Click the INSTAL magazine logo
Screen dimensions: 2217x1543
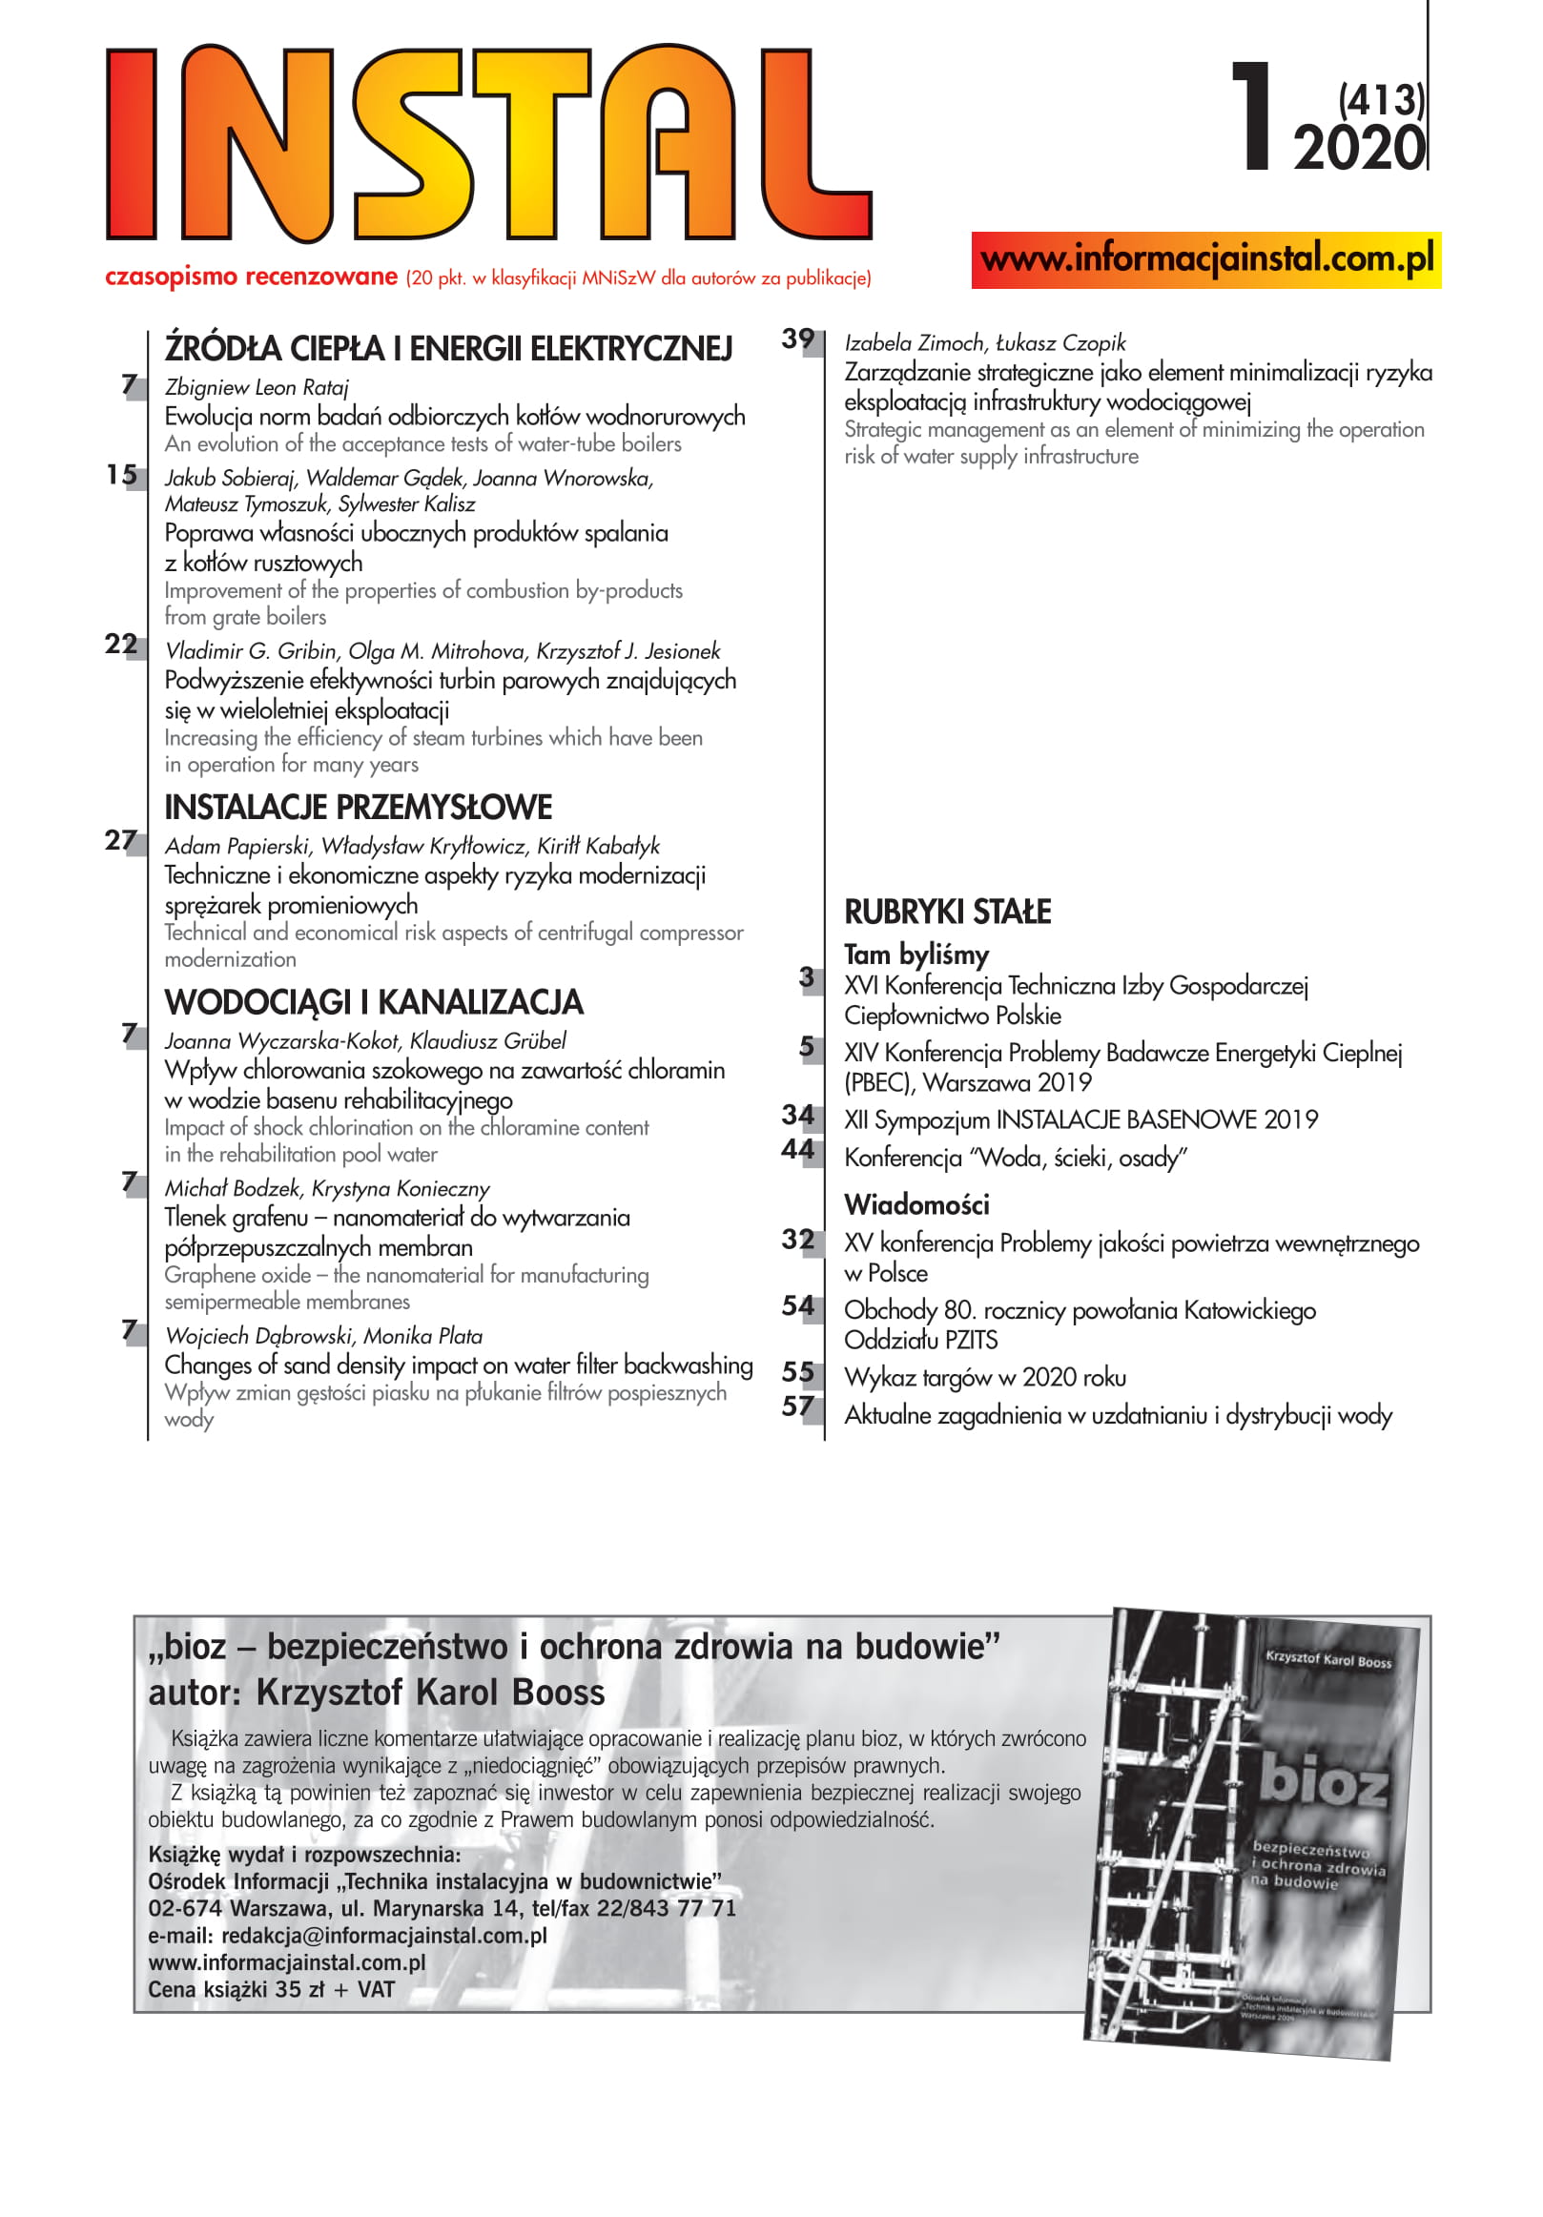[487, 143]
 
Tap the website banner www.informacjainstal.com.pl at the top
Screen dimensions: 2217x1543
[1205, 259]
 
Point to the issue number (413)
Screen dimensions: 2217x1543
[1380, 100]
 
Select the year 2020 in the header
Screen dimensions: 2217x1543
[1358, 150]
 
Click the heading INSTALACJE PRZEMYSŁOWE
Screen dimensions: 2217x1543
[359, 808]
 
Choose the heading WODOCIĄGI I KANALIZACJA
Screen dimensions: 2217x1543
[374, 1002]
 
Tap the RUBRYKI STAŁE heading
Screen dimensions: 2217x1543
[947, 912]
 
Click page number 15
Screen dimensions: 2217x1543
[122, 474]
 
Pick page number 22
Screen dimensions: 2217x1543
[122, 644]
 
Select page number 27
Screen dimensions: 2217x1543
[122, 840]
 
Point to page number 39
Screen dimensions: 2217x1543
[797, 339]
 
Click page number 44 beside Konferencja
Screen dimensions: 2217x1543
[797, 1149]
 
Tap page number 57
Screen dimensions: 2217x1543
[797, 1406]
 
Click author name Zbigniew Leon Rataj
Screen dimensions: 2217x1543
[257, 387]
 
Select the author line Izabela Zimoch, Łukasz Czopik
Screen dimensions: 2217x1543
[985, 342]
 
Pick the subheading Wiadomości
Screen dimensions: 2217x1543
[916, 1204]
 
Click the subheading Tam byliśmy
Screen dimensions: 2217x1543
[916, 955]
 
